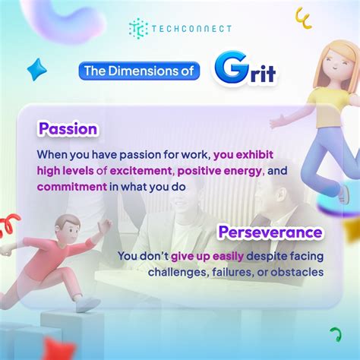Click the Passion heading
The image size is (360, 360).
click(x=67, y=129)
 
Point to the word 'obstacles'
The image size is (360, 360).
click(x=298, y=272)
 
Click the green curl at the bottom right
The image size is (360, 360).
click(x=335, y=334)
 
